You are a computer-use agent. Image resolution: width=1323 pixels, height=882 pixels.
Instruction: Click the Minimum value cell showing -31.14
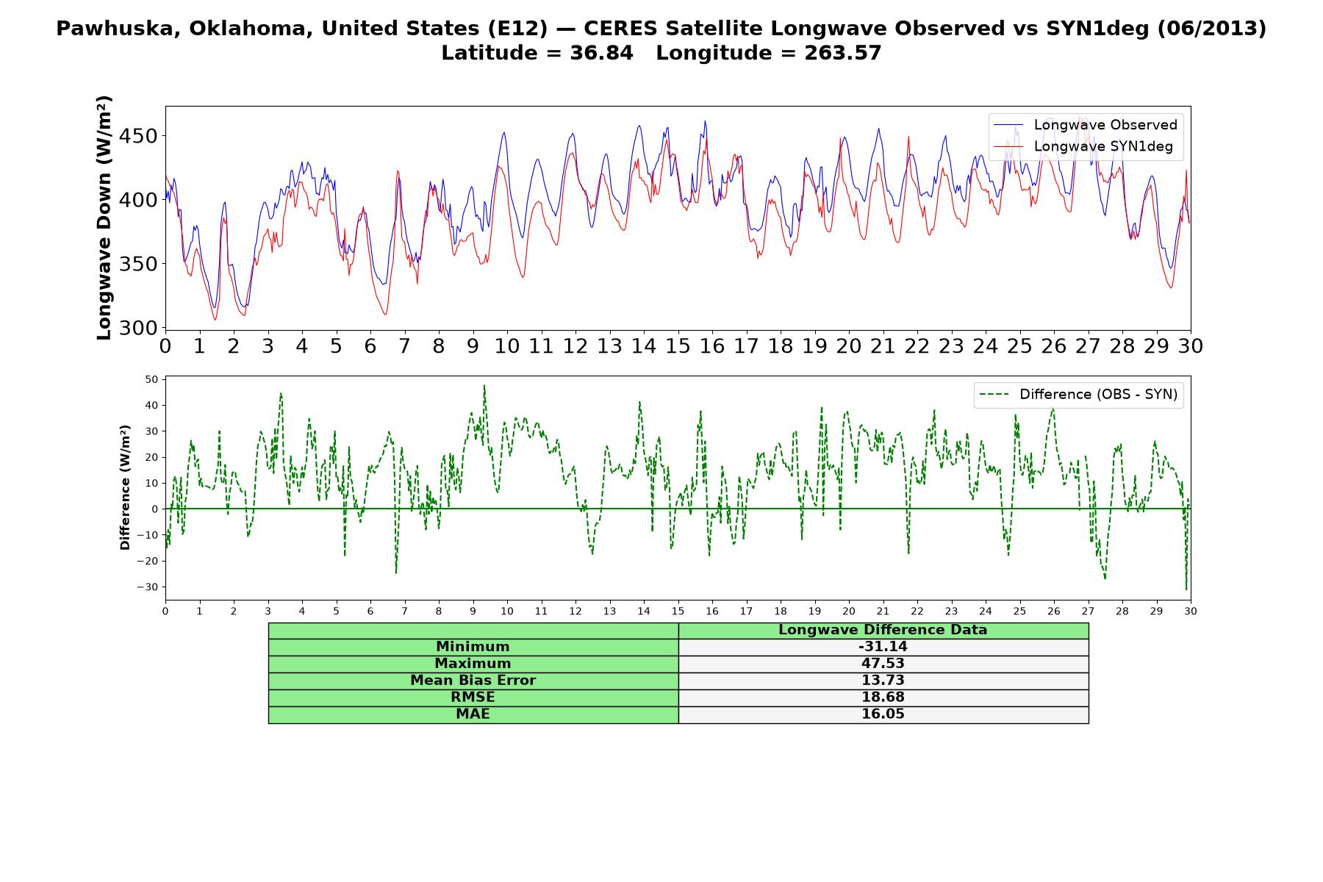[x=883, y=647]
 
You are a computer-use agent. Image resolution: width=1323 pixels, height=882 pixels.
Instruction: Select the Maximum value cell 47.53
[x=883, y=664]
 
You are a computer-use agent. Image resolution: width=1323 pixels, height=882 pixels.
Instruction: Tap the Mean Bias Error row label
[x=473, y=681]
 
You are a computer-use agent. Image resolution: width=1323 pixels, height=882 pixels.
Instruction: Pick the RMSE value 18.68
[x=883, y=698]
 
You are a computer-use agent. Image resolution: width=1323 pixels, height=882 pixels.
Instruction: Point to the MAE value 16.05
[x=883, y=714]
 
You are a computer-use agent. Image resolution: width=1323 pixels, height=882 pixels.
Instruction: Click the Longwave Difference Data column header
[x=883, y=630]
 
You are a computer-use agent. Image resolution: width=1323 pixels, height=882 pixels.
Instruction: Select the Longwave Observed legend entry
[x=1086, y=125]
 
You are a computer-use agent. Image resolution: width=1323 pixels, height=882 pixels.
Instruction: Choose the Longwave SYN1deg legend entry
[x=1083, y=146]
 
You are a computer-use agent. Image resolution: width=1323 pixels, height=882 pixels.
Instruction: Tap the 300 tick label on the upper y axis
[x=140, y=328]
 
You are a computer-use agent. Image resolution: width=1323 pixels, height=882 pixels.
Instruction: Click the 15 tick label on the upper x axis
[x=678, y=346]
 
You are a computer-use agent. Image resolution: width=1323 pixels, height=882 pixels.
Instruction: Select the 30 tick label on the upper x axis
[x=1190, y=346]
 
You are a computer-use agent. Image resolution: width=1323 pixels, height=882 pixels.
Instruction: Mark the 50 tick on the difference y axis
[x=152, y=379]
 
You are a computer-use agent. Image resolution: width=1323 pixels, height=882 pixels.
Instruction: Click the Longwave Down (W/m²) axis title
[x=104, y=218]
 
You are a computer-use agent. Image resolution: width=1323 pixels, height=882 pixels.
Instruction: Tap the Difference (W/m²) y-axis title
[x=125, y=487]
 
